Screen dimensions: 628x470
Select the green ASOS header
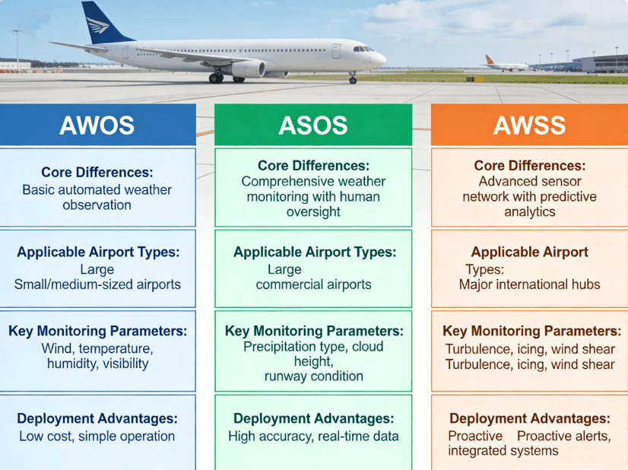[x=313, y=125]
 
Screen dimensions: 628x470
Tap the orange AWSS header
[x=529, y=125]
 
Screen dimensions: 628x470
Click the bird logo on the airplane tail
[x=98, y=25]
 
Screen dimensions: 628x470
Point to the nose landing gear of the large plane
[x=353, y=78]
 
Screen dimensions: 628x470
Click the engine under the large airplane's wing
[x=249, y=69]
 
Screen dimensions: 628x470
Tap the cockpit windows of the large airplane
[x=363, y=49]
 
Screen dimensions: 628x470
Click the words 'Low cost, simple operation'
[x=97, y=436]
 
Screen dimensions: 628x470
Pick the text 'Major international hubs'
[x=529, y=284]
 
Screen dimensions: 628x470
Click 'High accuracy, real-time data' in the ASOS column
[x=313, y=436]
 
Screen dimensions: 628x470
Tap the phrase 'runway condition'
[x=313, y=376]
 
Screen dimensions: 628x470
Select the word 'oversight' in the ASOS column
[x=313, y=211]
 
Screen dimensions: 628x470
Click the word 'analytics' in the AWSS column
[x=529, y=211]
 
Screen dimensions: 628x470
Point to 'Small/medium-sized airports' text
[x=97, y=284]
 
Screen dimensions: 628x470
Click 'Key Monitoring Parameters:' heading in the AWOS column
[x=98, y=331]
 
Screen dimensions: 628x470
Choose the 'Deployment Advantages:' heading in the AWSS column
[x=529, y=418]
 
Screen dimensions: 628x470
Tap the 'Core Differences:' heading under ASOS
[x=313, y=166]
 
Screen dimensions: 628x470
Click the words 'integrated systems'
[x=503, y=451]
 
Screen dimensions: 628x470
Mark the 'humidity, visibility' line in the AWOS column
[x=98, y=364]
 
